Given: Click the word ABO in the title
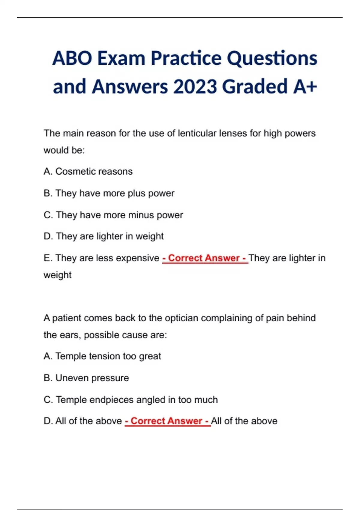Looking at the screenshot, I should pyautogui.click(x=72, y=58).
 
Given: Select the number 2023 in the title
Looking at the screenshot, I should pyautogui.click(x=195, y=87).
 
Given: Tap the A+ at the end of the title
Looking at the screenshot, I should pyautogui.click(x=305, y=87).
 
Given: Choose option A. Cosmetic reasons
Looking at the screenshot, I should pyautogui.click(x=88, y=171).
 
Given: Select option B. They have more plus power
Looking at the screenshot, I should pyautogui.click(x=109, y=193).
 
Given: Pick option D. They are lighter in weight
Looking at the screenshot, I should pyautogui.click(x=103, y=236).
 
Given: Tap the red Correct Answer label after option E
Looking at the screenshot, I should pyautogui.click(x=205, y=258).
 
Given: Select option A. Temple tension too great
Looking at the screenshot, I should pyautogui.click(x=102, y=356).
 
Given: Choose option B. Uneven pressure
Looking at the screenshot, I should pyautogui.click(x=86, y=378).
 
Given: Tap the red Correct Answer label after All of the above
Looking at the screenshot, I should pyautogui.click(x=167, y=421).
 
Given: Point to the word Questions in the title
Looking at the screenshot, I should pyautogui.click(x=272, y=58).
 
